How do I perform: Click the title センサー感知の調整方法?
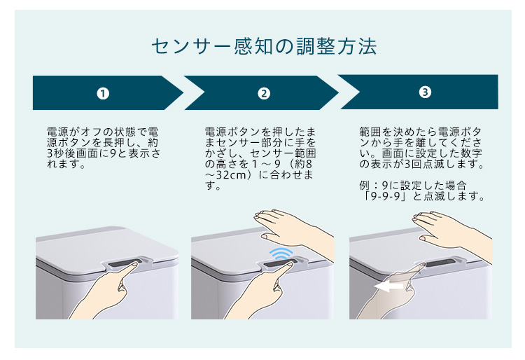264,46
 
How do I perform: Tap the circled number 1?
103,93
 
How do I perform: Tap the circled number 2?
264,93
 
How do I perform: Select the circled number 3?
425,92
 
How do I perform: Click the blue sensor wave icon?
281,254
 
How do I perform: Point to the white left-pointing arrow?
388,286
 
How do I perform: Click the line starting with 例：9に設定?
413,185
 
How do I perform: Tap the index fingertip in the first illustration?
135,265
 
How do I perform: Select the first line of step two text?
260,132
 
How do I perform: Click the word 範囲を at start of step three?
376,132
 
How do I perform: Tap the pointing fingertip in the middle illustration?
290,264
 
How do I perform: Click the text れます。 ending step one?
66,164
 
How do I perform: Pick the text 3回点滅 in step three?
426,165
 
